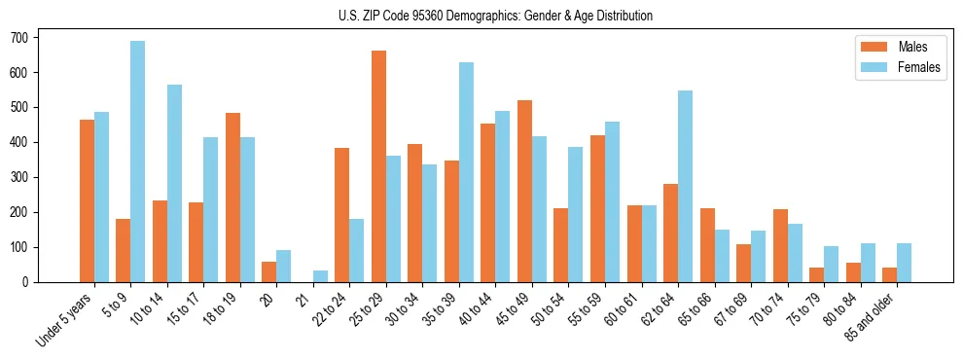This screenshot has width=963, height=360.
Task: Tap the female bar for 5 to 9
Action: [138, 162]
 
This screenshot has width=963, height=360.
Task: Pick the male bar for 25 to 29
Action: [378, 166]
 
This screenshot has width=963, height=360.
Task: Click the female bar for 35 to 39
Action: [466, 172]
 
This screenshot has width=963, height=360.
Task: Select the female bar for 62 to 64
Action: [685, 187]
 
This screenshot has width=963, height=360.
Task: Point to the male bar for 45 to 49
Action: [524, 192]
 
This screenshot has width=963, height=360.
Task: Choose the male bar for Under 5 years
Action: [87, 201]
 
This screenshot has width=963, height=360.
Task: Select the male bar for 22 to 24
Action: [342, 215]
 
